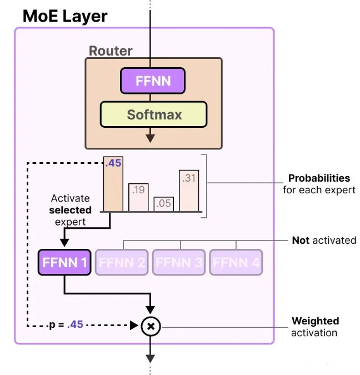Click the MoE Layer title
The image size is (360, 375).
(65, 16)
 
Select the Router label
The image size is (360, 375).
(111, 51)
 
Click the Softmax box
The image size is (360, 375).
(153, 115)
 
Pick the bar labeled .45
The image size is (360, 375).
(113, 184)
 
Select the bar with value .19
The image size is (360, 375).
(138, 198)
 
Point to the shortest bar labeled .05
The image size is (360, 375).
(164, 204)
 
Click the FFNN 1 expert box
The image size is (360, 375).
(64, 262)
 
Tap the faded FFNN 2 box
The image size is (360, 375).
(122, 262)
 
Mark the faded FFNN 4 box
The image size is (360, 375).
(236, 262)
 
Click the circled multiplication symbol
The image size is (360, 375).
(150, 326)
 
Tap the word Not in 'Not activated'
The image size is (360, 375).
(301, 241)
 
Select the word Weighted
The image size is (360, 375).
(315, 321)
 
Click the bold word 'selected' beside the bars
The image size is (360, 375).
(70, 211)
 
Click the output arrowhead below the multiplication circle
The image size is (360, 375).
(150, 358)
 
